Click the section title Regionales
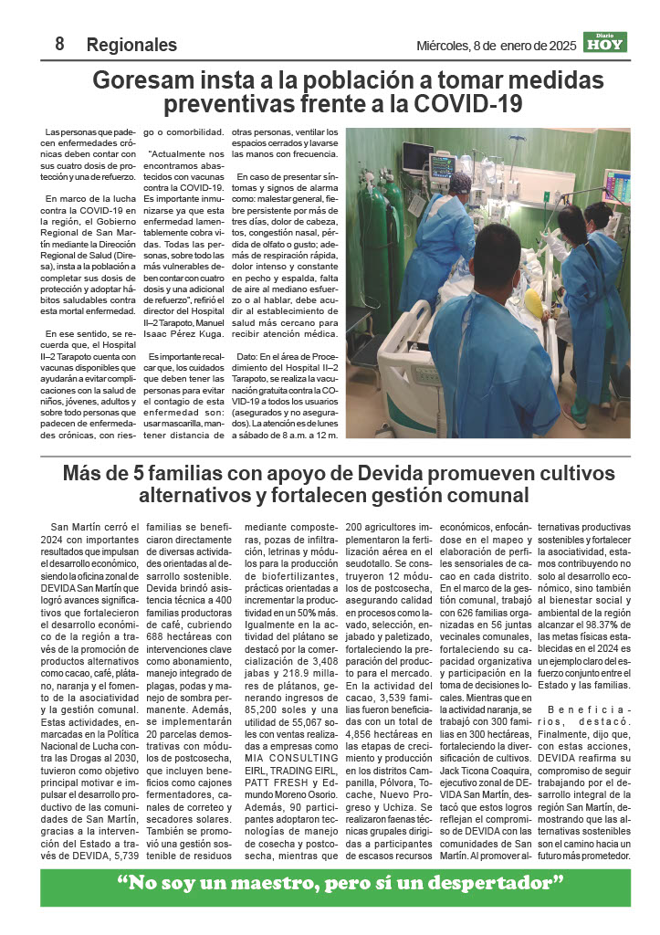(x=131, y=45)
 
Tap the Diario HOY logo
(x=606, y=43)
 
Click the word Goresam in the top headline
(x=141, y=80)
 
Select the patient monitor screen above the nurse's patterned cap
(x=443, y=167)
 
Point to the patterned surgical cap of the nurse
(x=460, y=184)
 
